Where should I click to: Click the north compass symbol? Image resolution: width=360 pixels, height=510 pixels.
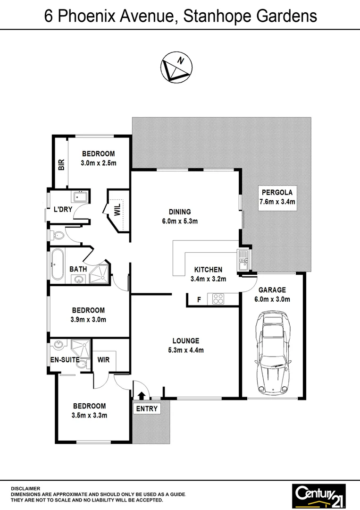177,68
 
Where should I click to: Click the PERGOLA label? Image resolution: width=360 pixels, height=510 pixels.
277,192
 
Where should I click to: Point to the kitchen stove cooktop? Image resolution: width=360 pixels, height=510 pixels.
218,299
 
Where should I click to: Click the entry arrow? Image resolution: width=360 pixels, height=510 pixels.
140,394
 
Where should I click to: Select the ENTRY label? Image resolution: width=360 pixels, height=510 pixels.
147,408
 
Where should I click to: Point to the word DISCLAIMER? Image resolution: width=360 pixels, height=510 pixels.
25,488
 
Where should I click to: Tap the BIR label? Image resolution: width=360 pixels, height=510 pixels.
61,163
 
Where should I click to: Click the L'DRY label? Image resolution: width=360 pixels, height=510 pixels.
63,210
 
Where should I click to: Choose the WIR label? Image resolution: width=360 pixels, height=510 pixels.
103,360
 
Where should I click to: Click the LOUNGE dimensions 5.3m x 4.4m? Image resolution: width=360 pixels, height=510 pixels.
185,350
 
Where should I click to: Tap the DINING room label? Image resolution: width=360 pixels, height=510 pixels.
180,212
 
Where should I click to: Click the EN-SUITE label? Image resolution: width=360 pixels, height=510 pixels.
65,360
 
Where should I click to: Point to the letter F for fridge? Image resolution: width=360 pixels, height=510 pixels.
199,299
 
